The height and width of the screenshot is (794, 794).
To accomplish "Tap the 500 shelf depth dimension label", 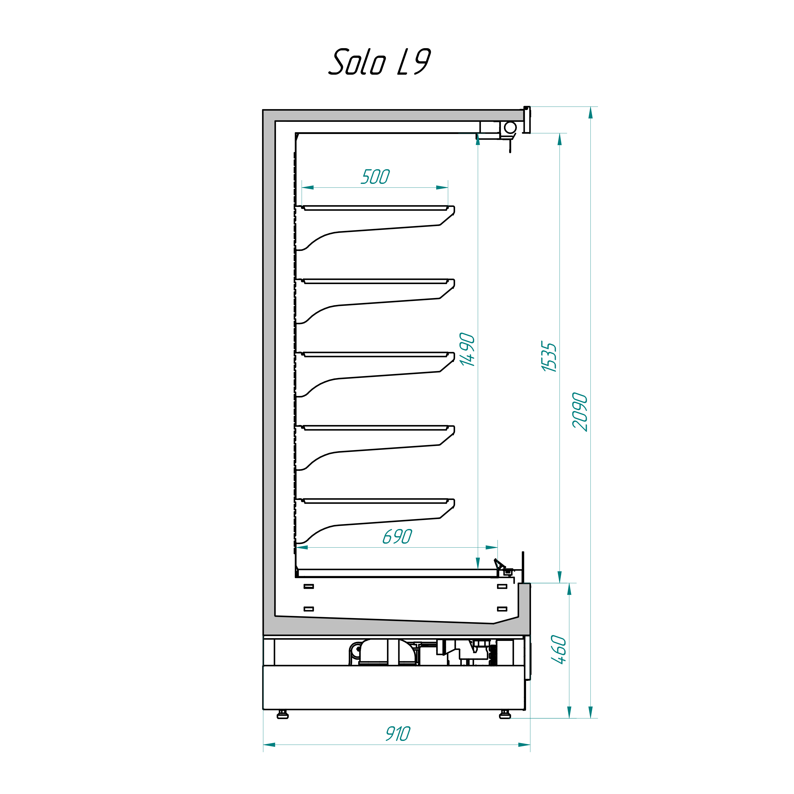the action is (375, 177).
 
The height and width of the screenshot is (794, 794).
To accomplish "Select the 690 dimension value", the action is (397, 536).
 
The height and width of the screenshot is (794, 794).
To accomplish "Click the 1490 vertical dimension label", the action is (468, 349).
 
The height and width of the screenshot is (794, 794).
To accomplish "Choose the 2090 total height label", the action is (580, 412).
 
